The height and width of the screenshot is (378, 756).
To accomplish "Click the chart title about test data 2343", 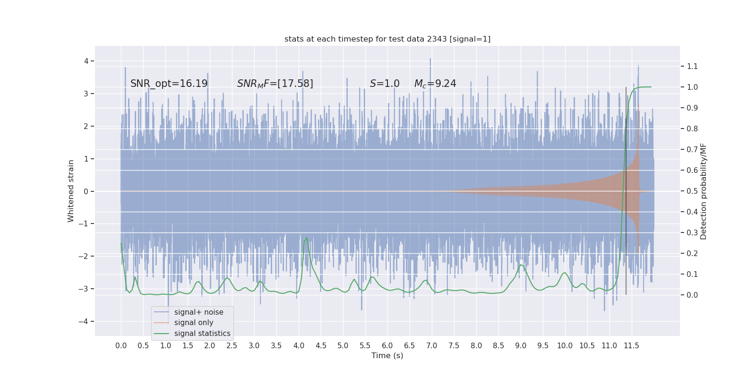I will tap(387, 39).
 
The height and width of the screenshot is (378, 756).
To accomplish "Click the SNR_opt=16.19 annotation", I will tap(169, 84).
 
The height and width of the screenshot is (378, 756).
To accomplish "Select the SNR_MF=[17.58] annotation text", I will tap(275, 84).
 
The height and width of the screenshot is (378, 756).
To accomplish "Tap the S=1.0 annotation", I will tap(385, 84).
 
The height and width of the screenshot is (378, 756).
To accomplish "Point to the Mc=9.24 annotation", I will tap(435, 84).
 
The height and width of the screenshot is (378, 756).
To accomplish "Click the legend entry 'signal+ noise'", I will tap(198, 312).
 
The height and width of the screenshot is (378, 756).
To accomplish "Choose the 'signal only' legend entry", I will tap(194, 323).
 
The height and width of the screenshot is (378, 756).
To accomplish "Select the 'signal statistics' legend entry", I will tap(202, 334).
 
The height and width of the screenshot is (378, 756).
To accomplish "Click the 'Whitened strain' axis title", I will tap(71, 191).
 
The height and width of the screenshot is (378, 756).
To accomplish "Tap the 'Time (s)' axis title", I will tap(387, 355).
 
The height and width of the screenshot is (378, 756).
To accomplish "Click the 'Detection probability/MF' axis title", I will tap(704, 191).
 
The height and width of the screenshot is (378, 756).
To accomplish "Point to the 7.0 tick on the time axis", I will tap(432, 345).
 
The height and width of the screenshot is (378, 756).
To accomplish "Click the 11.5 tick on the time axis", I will tap(631, 345).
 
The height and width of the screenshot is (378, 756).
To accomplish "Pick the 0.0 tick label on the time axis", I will tap(121, 345).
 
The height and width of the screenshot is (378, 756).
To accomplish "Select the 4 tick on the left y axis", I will tap(86, 61).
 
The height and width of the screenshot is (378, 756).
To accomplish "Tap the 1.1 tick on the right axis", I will tap(692, 66).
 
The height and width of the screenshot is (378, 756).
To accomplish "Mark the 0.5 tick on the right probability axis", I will tap(692, 191).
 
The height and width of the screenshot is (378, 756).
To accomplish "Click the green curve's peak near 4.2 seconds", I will tap(307, 238).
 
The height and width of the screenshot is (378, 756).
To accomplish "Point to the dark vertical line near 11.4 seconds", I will tap(626, 189).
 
